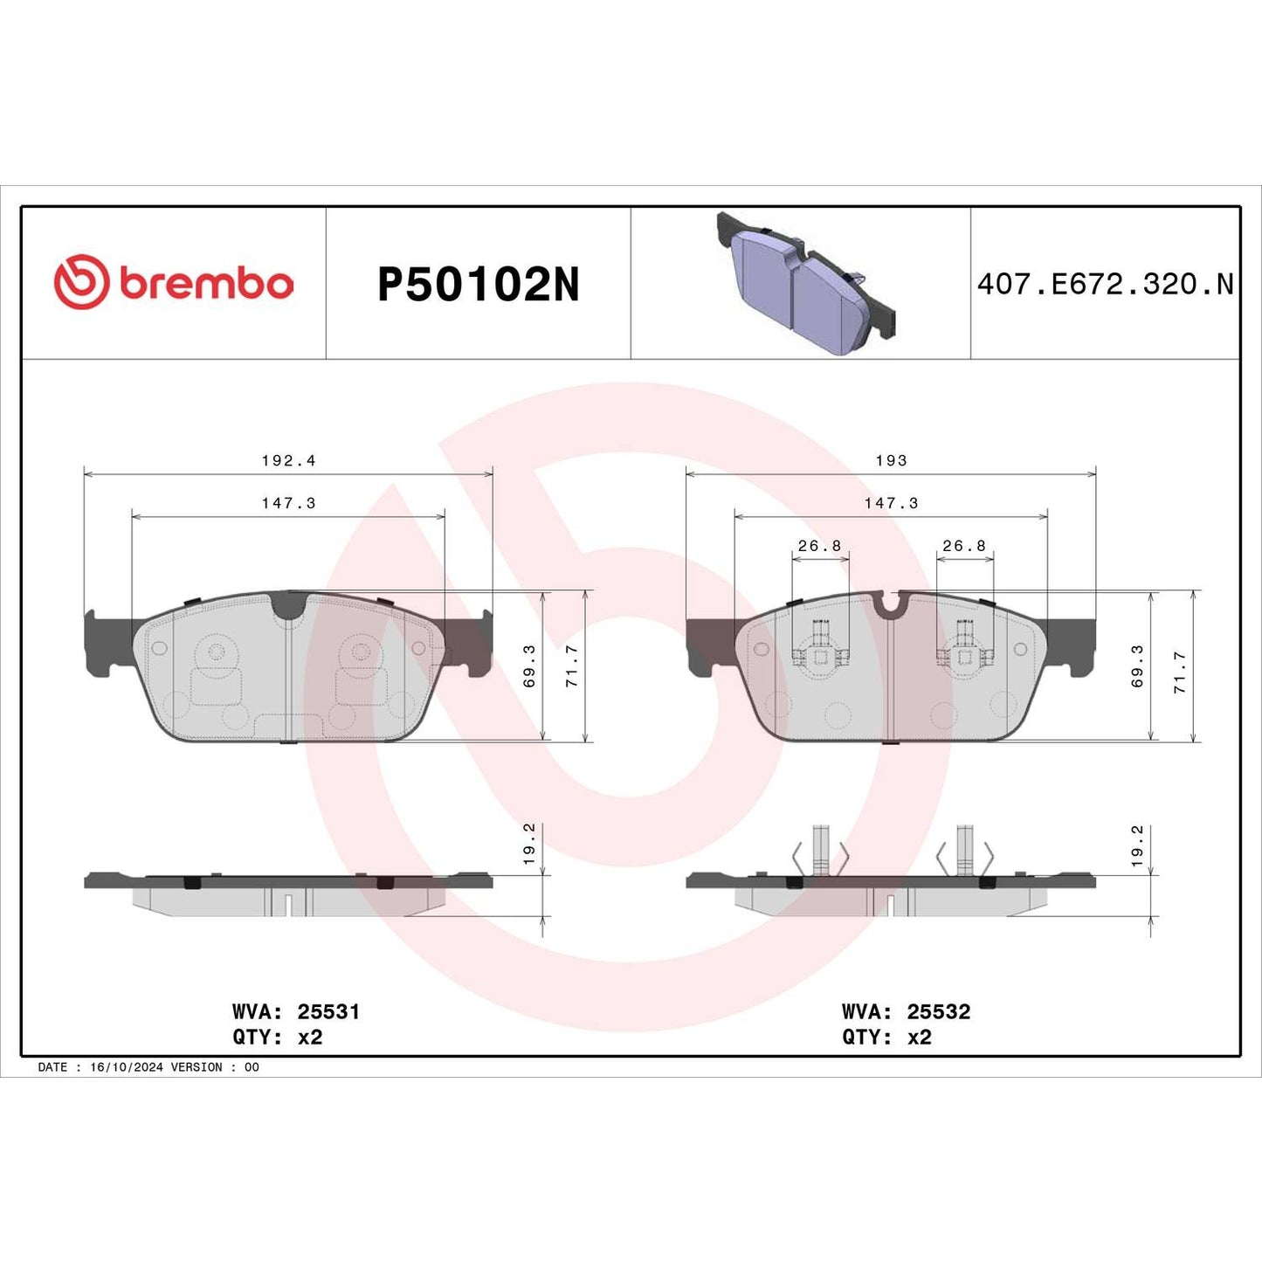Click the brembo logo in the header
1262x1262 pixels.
pos(174,283)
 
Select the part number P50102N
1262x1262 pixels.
pos(478,285)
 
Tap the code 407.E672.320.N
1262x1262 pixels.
pos(1105,284)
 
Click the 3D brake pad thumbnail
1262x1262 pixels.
pos(805,283)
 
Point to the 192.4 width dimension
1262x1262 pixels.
pos(288,460)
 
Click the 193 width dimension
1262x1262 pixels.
pos(891,460)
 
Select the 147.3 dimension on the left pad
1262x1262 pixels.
pos(288,503)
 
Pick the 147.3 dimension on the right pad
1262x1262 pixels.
pos(891,503)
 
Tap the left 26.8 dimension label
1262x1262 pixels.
pos(819,546)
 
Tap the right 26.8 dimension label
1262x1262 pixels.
pos(964,546)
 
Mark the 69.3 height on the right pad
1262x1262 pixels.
pos(1137,666)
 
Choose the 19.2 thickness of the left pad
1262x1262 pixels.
pos(529,843)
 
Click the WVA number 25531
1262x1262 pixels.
pos(328,1011)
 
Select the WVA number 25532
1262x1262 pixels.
pos(939,1011)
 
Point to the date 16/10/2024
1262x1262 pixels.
pos(126,1067)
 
